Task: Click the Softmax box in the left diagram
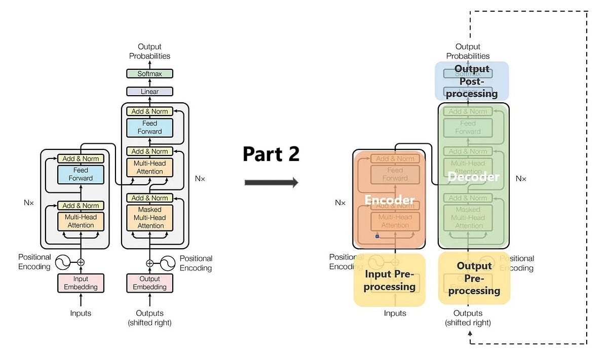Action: (x=149, y=74)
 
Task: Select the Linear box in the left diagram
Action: (x=149, y=92)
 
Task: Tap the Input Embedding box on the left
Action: (x=81, y=283)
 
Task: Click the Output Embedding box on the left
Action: (x=149, y=283)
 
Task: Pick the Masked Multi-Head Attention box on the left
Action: (x=149, y=217)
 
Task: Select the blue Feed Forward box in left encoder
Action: (x=81, y=174)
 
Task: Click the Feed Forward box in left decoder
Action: (x=149, y=128)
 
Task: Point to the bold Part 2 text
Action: (x=271, y=154)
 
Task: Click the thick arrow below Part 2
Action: (x=271, y=183)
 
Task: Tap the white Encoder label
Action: (x=389, y=200)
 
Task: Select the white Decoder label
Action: (x=473, y=177)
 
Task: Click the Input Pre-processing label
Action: (x=390, y=281)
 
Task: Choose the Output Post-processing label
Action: (x=472, y=81)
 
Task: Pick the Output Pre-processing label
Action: (x=474, y=278)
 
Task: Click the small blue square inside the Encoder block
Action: (x=377, y=236)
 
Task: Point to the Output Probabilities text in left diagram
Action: (x=149, y=52)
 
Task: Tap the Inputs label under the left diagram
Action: (x=81, y=313)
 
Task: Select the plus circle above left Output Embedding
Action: (x=149, y=263)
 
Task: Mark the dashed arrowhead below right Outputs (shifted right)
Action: (x=470, y=333)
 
